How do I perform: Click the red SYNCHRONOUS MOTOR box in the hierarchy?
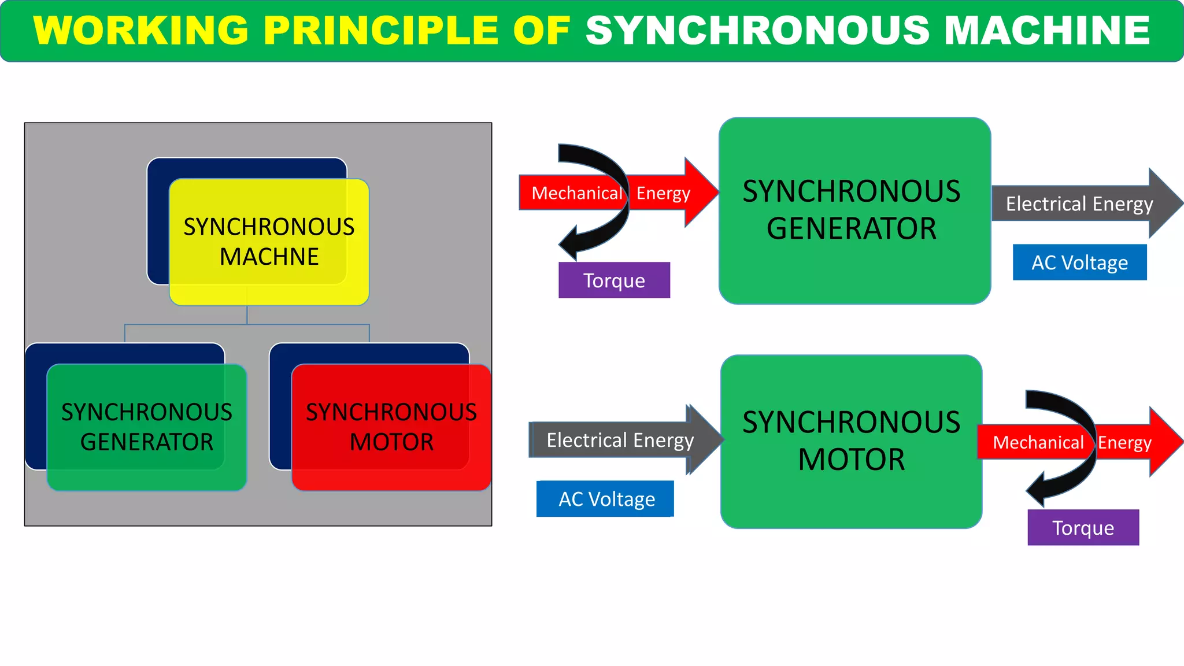(x=391, y=427)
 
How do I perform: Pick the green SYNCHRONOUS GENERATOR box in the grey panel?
(x=147, y=427)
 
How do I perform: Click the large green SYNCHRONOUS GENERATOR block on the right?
(x=854, y=210)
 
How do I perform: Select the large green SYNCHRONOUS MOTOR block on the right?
(x=851, y=441)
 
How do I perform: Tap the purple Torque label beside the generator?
(x=614, y=280)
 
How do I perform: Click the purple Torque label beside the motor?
(x=1083, y=527)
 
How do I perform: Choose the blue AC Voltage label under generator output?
(x=1079, y=262)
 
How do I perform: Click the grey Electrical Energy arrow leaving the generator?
(x=1079, y=203)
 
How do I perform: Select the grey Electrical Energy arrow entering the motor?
(x=620, y=440)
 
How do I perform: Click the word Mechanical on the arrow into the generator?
(x=576, y=193)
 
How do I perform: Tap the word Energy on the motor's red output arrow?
(x=1124, y=442)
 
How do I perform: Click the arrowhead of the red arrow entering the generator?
(x=701, y=192)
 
